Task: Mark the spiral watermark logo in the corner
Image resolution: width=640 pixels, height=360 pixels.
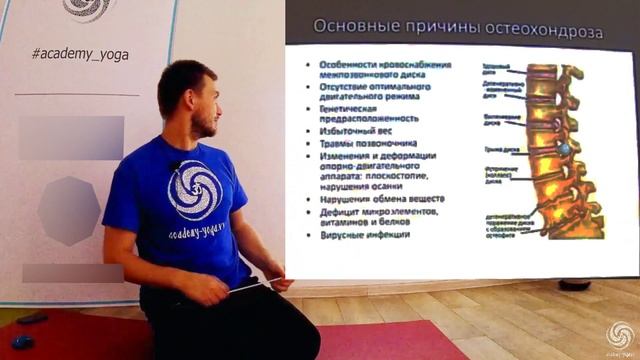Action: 619,335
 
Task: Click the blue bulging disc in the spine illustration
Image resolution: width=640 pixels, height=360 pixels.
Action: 562,150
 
